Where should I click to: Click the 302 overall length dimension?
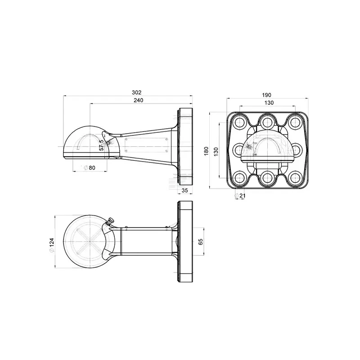point(137,93)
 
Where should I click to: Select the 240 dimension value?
point(139,100)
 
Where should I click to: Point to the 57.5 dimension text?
point(102,145)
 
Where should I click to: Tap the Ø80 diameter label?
point(89,168)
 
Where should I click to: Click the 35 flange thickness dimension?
point(184,190)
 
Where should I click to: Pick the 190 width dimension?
point(266,95)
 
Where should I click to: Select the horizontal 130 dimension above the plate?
point(269,103)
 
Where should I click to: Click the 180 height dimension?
point(206,151)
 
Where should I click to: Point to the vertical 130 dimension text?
point(216,152)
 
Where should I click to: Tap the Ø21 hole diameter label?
point(240,196)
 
